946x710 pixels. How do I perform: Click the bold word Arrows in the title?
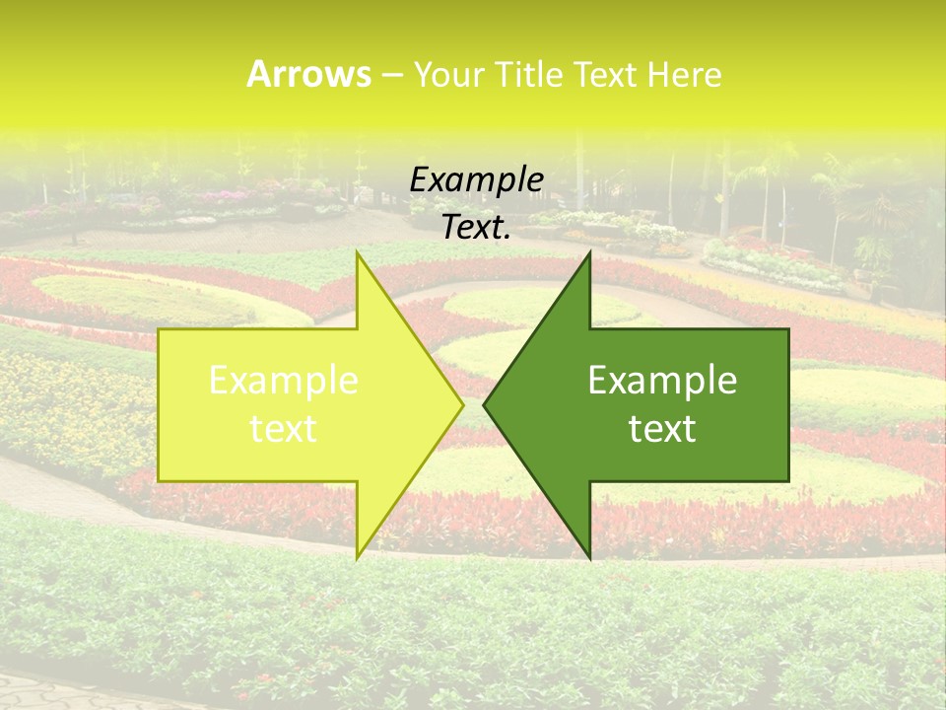pyautogui.click(x=309, y=74)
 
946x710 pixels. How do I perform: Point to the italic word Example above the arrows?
pyautogui.click(x=476, y=180)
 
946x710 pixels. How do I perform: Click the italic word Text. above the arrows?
pyautogui.click(x=476, y=228)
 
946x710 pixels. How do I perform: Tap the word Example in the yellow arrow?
pyautogui.click(x=284, y=381)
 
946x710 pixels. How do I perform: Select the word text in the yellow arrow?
pyautogui.click(x=284, y=429)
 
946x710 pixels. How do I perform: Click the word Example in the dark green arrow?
pyautogui.click(x=662, y=381)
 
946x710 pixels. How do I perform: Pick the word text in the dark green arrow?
pyautogui.click(x=662, y=429)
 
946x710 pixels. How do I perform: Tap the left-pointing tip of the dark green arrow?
pyautogui.click(x=486, y=404)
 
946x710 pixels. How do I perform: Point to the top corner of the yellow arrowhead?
pyautogui.click(x=357, y=253)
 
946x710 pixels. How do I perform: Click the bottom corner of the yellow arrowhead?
pyautogui.click(x=357, y=556)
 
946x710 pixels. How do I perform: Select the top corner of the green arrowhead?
pyautogui.click(x=589, y=253)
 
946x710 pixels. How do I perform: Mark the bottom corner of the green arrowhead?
pyautogui.click(x=589, y=556)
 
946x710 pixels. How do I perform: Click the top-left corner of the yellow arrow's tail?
pyautogui.click(x=160, y=330)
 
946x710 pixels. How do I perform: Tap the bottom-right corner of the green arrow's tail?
pyautogui.click(x=787, y=480)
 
